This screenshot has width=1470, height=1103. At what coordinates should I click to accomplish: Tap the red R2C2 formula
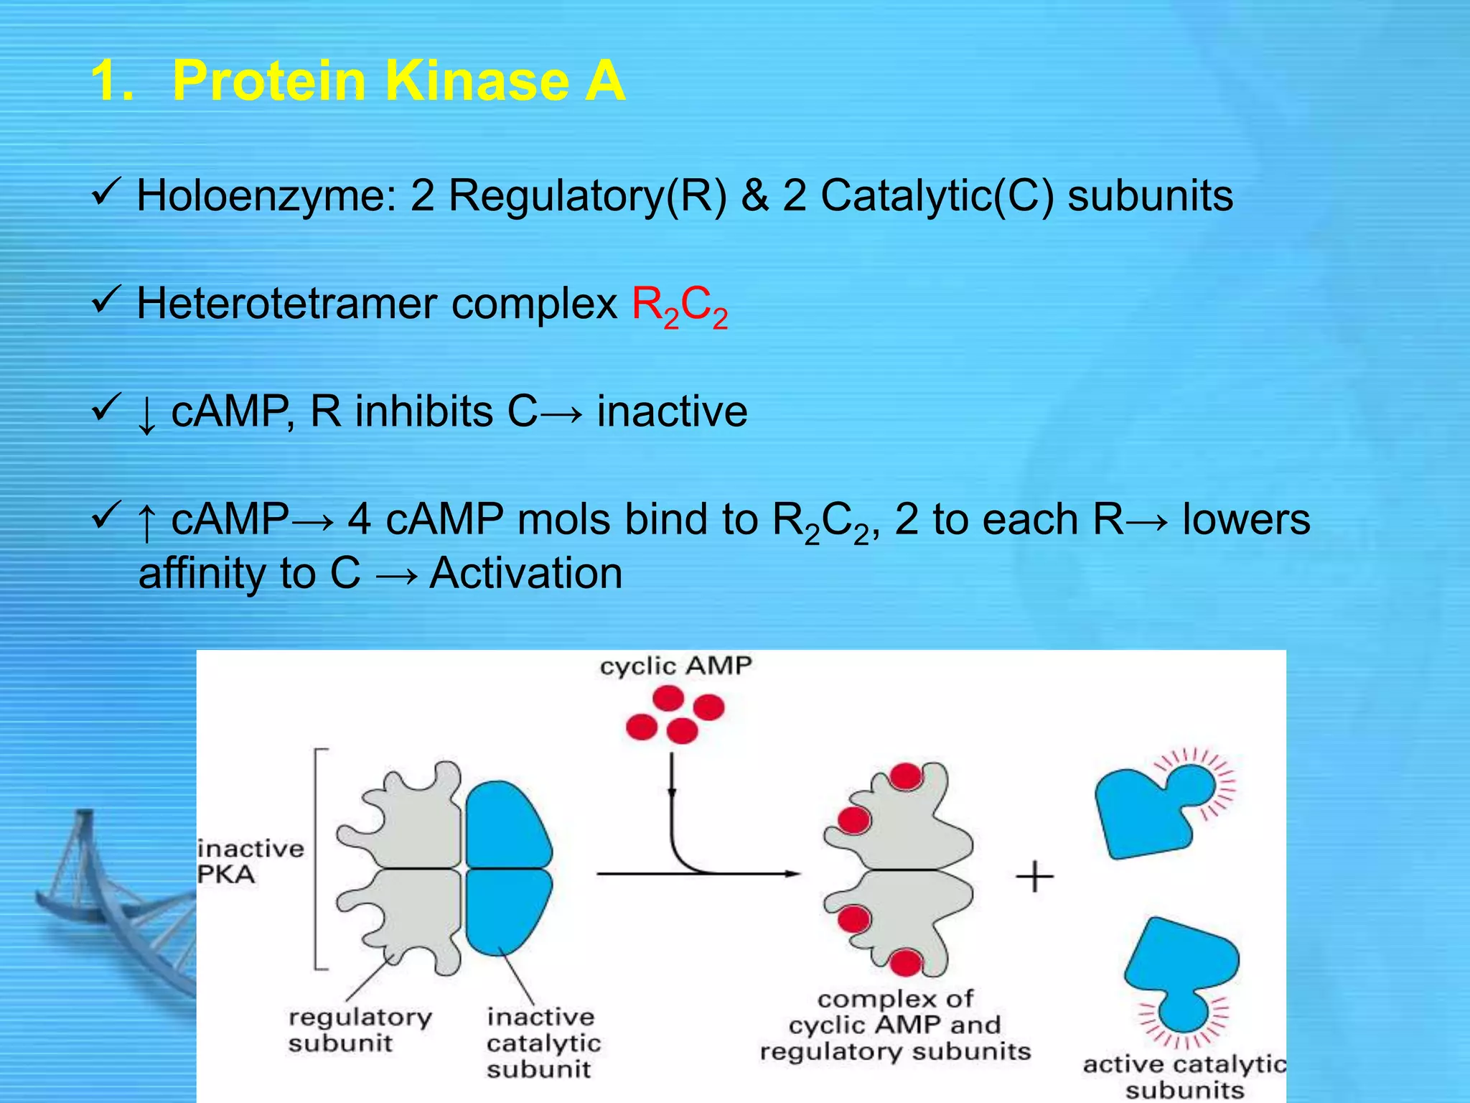coord(679,306)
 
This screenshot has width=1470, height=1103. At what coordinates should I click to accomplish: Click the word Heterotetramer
coord(286,303)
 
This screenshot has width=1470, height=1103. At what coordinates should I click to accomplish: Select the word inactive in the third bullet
coord(672,411)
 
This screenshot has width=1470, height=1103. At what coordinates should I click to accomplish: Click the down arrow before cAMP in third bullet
coord(146,415)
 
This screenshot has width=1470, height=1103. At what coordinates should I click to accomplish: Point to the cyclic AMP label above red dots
coord(675,666)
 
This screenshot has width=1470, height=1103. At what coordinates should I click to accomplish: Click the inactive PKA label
coord(250,861)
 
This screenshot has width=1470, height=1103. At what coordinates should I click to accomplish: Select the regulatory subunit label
coord(360,1030)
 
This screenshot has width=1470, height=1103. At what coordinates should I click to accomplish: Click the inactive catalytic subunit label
coord(543,1043)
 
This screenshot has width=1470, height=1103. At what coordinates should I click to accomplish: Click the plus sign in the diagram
coord(1034,878)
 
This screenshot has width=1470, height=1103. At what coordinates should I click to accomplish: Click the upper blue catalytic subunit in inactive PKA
coord(506,826)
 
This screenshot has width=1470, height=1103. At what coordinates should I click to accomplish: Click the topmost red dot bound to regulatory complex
coord(906,776)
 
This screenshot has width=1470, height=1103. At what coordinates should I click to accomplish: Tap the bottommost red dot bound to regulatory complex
coord(906,962)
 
